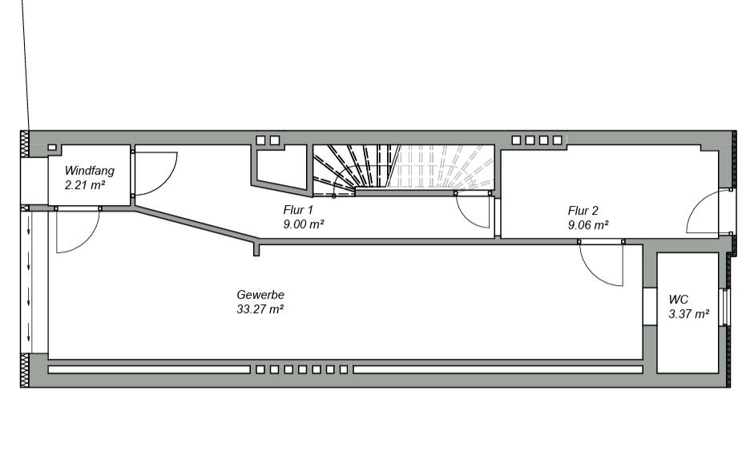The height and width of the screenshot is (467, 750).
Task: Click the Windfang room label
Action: click(90, 171)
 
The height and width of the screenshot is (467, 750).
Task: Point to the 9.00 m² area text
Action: click(304, 225)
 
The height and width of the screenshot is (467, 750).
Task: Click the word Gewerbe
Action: click(260, 295)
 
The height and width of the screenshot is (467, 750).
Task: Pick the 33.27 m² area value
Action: click(260, 309)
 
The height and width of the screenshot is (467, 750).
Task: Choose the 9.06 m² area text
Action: click(588, 225)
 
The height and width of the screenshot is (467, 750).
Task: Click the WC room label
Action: click(679, 300)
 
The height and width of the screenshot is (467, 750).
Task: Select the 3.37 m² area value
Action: click(689, 314)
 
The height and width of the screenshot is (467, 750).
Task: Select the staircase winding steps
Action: click(353, 168)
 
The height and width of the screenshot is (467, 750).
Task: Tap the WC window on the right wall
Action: click(726, 306)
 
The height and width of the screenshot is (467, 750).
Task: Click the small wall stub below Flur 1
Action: click(256, 249)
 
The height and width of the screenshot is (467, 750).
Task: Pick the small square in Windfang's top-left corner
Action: click(52, 148)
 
